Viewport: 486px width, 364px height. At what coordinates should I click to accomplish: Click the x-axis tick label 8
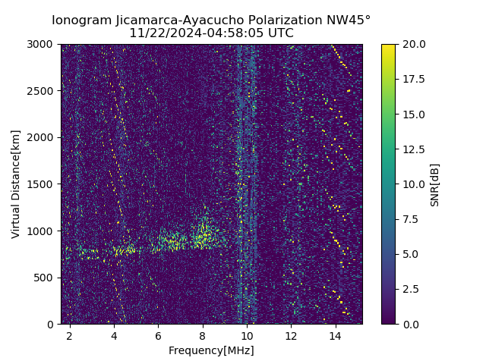[x=203, y=335]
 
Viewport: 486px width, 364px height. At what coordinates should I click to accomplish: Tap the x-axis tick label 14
[x=335, y=335]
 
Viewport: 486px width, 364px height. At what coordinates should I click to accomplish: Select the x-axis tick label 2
[x=70, y=335]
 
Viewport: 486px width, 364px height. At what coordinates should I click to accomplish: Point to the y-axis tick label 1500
[x=41, y=184]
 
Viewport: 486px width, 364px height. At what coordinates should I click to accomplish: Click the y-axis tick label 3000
[x=41, y=45]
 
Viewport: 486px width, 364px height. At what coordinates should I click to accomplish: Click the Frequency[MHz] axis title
[x=211, y=350]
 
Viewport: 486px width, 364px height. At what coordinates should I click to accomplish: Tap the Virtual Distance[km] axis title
[x=16, y=184]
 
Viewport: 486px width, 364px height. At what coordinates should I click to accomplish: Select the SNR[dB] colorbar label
[x=435, y=184]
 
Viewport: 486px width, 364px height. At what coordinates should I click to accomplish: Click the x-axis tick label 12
[x=291, y=335]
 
